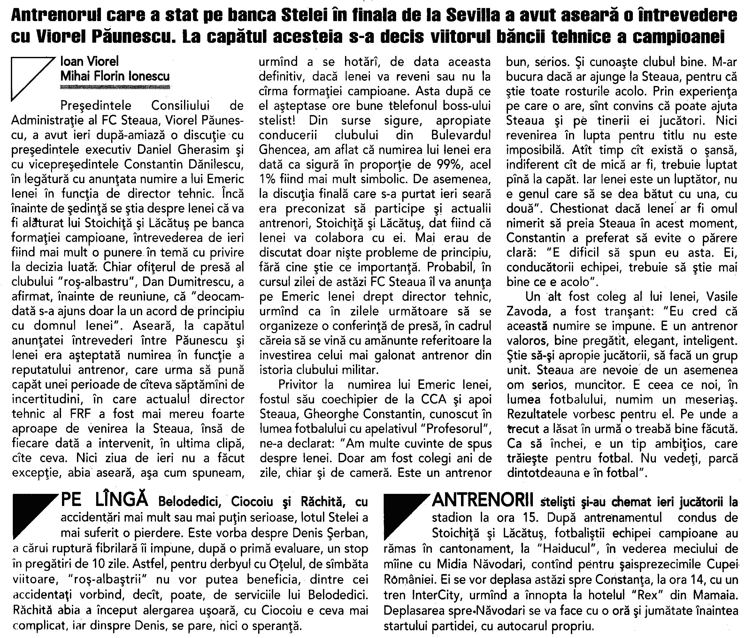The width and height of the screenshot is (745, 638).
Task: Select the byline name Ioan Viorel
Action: point(89,62)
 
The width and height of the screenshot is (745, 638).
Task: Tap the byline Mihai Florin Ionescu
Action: point(115,76)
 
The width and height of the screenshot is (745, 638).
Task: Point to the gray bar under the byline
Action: point(115,87)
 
